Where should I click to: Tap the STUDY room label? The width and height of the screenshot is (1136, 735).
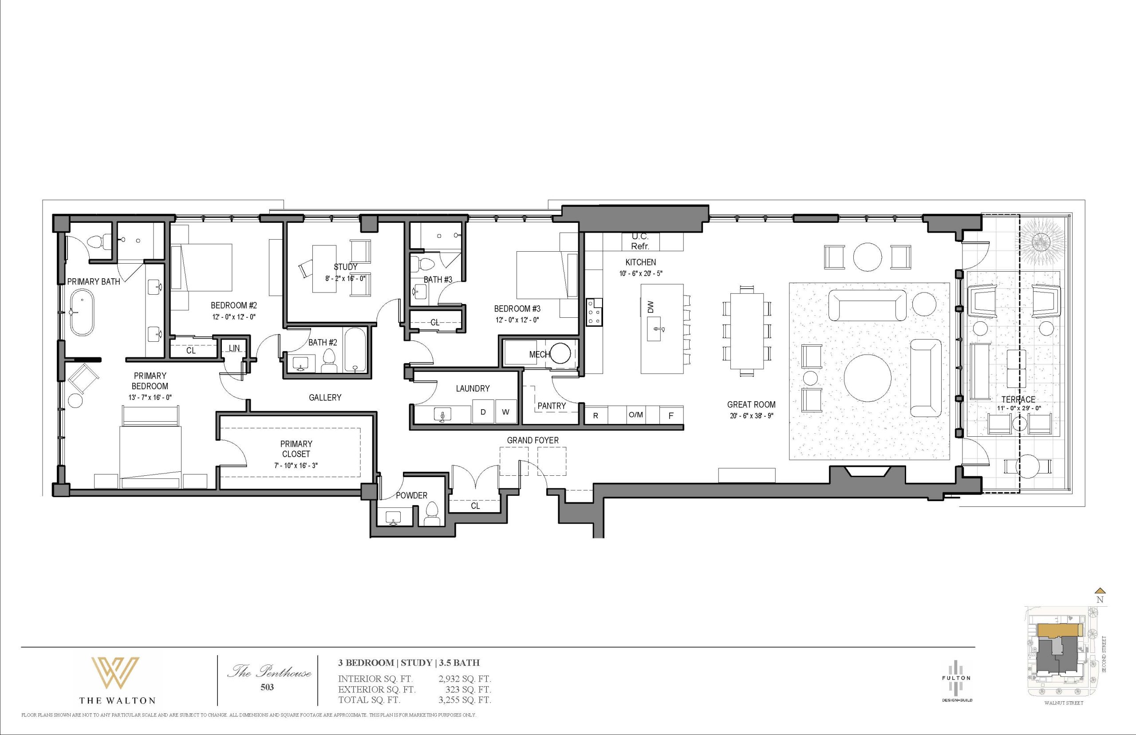pos(345,267)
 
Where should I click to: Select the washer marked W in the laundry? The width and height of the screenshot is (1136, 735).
pos(506,411)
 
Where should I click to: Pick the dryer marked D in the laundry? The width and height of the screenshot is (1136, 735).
pos(483,411)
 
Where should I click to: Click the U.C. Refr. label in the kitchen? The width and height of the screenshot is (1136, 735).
pos(640,241)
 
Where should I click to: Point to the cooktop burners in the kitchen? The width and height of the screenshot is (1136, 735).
pos(595,312)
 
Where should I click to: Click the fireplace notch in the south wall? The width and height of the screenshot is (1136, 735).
pos(868,470)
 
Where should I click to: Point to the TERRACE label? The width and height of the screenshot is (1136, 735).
pos(1018,399)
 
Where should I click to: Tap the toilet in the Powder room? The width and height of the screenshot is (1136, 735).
pos(433,513)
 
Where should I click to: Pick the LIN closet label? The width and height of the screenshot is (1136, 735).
pos(234,348)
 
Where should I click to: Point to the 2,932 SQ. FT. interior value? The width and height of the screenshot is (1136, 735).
pos(465,679)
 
